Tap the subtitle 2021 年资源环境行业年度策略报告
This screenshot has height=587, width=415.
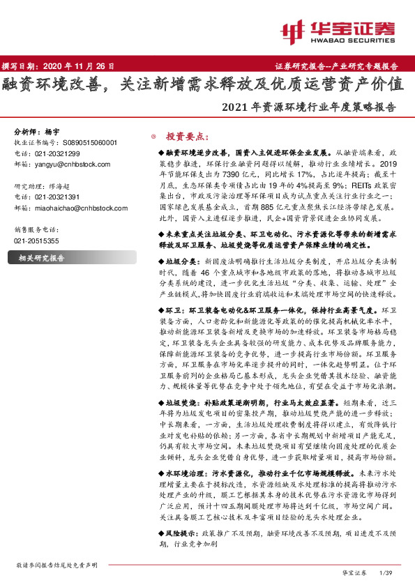click(x=308, y=108)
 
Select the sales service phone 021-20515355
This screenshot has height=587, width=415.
click(x=38, y=240)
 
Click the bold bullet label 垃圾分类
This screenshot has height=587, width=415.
click(x=178, y=258)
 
